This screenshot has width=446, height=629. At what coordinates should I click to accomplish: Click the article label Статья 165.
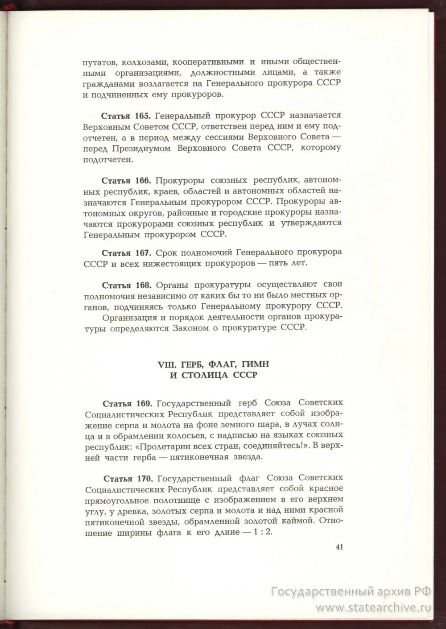point(127,116)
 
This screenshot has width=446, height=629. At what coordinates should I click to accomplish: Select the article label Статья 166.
point(127,181)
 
